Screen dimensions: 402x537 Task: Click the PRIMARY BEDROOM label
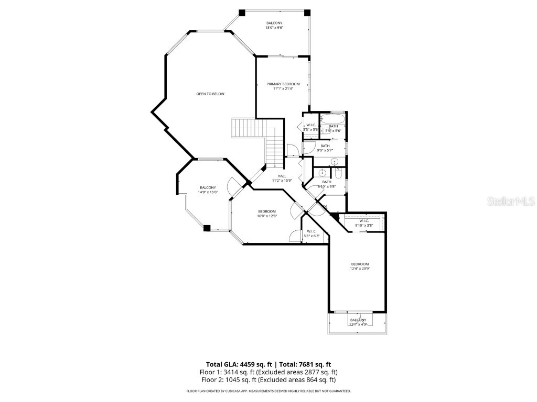pos(283,84)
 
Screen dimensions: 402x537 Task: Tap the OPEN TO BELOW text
pos(210,94)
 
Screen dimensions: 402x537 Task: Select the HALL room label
pos(282,176)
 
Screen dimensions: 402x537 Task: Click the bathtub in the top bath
pos(334,118)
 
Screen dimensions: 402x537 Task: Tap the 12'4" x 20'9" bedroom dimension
pos(360,269)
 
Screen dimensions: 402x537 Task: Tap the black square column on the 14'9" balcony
pos(207,228)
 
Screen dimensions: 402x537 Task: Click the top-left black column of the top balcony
pos(242,13)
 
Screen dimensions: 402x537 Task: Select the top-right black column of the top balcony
pos(307,13)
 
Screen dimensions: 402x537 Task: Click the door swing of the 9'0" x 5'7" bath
pos(308,148)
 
